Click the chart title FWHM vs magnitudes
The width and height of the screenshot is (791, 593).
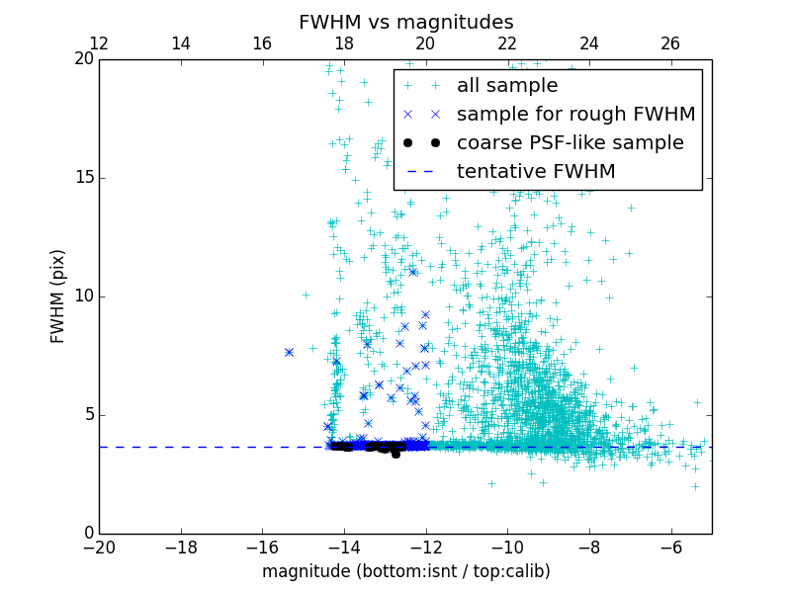(x=405, y=22)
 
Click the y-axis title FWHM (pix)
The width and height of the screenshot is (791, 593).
(x=58, y=296)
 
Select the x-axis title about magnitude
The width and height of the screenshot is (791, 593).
(x=405, y=571)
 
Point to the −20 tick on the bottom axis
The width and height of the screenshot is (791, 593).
(x=99, y=547)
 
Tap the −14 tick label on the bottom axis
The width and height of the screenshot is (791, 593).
(x=344, y=547)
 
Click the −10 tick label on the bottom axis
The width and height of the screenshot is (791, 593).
(x=507, y=547)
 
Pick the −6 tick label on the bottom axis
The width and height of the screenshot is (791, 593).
(x=670, y=547)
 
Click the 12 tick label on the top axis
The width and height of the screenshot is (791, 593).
(x=99, y=43)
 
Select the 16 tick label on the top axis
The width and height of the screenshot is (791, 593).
(x=262, y=43)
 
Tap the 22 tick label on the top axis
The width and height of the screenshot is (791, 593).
(x=507, y=43)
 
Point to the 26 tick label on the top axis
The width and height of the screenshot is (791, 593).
(x=670, y=43)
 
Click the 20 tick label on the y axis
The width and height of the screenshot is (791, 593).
(x=82, y=58)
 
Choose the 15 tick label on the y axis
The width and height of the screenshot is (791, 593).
(x=82, y=177)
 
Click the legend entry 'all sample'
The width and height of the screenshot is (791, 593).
(x=507, y=86)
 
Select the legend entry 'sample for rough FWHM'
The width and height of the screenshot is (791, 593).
(x=575, y=115)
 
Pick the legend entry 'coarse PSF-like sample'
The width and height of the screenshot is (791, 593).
(x=570, y=143)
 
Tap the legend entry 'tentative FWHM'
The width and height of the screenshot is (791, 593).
(x=536, y=172)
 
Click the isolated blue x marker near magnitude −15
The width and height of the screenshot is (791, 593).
(x=289, y=352)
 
